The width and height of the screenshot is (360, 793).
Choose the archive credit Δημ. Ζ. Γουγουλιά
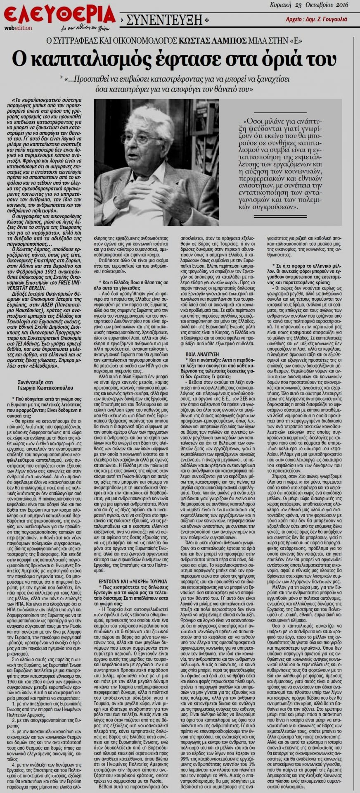click(326, 19)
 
